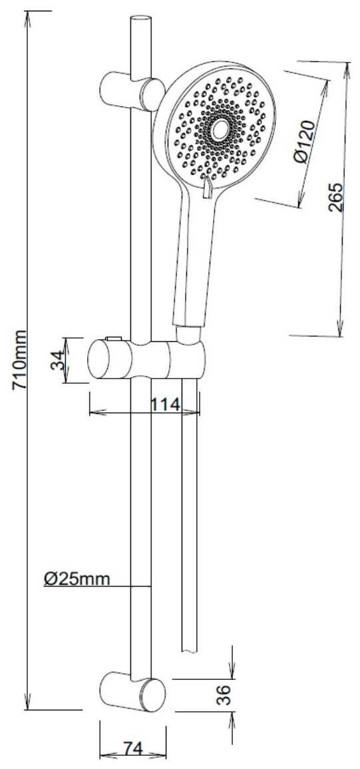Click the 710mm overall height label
pyautogui.click(x=20, y=360)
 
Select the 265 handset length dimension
pyautogui.click(x=335, y=197)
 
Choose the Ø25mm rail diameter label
pyautogui.click(x=77, y=579)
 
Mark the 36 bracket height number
pyautogui.click(x=223, y=695)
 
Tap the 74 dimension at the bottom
pyautogui.click(x=132, y=749)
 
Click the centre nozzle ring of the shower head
pyautogui.click(x=219, y=130)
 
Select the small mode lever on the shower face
pyautogui.click(x=207, y=188)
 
